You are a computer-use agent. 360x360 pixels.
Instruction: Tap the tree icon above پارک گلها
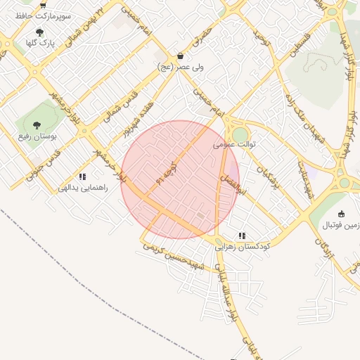coord(39,32)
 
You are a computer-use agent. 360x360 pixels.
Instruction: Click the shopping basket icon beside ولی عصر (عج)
coord(181,56)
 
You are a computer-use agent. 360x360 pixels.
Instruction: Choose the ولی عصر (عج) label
coord(181,67)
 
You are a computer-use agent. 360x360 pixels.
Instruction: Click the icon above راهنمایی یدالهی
coord(82,177)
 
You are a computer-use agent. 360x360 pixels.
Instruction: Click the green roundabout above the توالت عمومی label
coord(240,134)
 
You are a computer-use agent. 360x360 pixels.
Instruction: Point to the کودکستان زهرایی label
coord(243,247)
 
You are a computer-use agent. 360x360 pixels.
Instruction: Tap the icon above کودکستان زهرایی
coord(242,236)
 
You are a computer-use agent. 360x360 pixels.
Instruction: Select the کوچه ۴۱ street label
coord(169,169)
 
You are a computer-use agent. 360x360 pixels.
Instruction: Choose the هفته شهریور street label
coord(138,122)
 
